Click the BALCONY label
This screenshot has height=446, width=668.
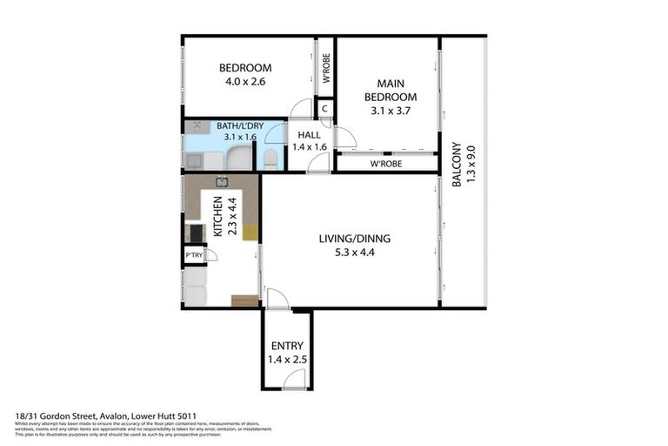(x=456, y=165)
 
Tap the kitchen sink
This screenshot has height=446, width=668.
(x=222, y=182)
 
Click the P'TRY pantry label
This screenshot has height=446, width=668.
(x=194, y=255)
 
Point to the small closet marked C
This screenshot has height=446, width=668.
(x=324, y=109)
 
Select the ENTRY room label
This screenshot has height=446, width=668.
(x=287, y=345)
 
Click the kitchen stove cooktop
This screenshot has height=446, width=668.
(x=192, y=233)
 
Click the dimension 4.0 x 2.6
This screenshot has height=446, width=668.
(x=244, y=82)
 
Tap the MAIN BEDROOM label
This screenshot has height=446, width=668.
(x=390, y=91)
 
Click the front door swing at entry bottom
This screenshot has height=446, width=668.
(x=296, y=378)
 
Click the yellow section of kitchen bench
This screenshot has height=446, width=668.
(x=250, y=232)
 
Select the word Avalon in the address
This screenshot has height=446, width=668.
(x=111, y=417)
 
